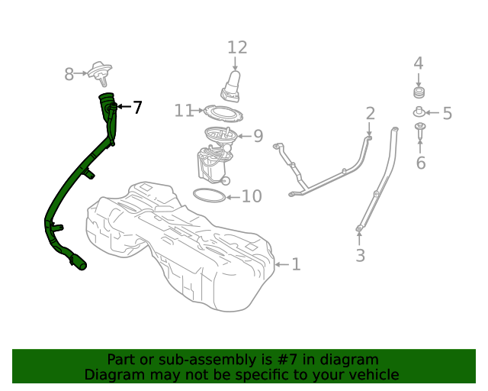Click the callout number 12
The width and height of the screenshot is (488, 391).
(x=237, y=47)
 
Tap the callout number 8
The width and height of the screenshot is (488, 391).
(x=69, y=74)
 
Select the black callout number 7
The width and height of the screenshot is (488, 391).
(x=137, y=108)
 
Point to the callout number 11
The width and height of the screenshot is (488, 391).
(x=184, y=111)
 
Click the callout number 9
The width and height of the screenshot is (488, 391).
(x=258, y=137)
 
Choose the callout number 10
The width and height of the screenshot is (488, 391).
(x=252, y=196)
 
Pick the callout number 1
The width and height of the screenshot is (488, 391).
(x=296, y=264)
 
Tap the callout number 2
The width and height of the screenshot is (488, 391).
(x=370, y=114)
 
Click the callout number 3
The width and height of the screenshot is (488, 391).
(x=361, y=255)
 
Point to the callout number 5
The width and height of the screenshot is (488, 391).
(x=447, y=114)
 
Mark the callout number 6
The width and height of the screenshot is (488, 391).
(x=420, y=162)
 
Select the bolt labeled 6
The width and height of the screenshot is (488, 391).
(x=420, y=131)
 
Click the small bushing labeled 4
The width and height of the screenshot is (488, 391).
(x=418, y=92)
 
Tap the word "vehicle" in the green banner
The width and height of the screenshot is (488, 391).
(x=372, y=374)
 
